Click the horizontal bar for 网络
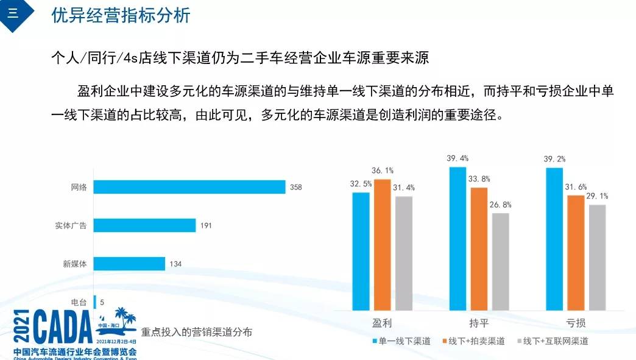189,187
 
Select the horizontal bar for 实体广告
144,225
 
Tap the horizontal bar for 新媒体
129,264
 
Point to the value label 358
296,188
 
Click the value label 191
206,226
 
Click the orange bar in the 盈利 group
383,244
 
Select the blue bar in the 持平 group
458,238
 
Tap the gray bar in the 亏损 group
598,257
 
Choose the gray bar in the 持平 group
500,261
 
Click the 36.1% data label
383,171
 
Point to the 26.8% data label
500,205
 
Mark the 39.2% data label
554,159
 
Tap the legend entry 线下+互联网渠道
551,341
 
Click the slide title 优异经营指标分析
121,15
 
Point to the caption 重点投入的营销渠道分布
196,333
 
